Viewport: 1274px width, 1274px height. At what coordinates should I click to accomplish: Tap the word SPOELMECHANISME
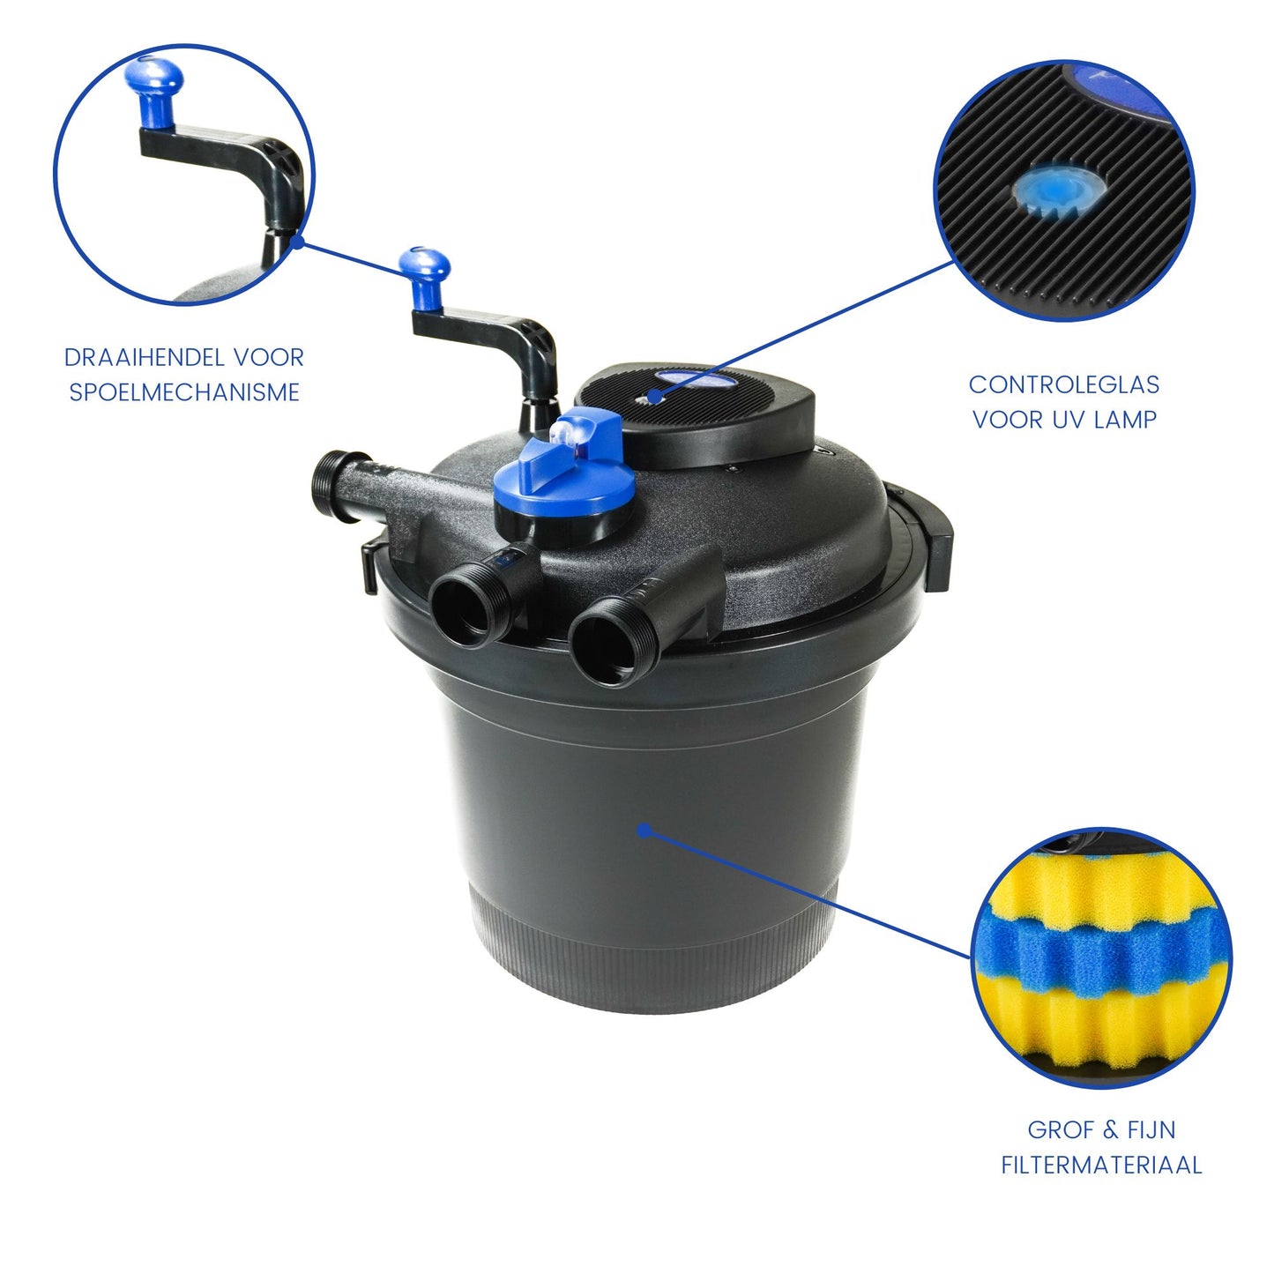(184, 392)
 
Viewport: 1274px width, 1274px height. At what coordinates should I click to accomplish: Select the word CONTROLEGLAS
(1063, 385)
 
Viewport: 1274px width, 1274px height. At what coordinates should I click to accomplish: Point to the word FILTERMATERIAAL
(1101, 1166)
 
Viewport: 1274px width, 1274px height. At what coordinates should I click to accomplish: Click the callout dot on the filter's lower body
(644, 830)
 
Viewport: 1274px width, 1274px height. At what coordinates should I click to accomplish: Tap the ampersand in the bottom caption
(1110, 1130)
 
